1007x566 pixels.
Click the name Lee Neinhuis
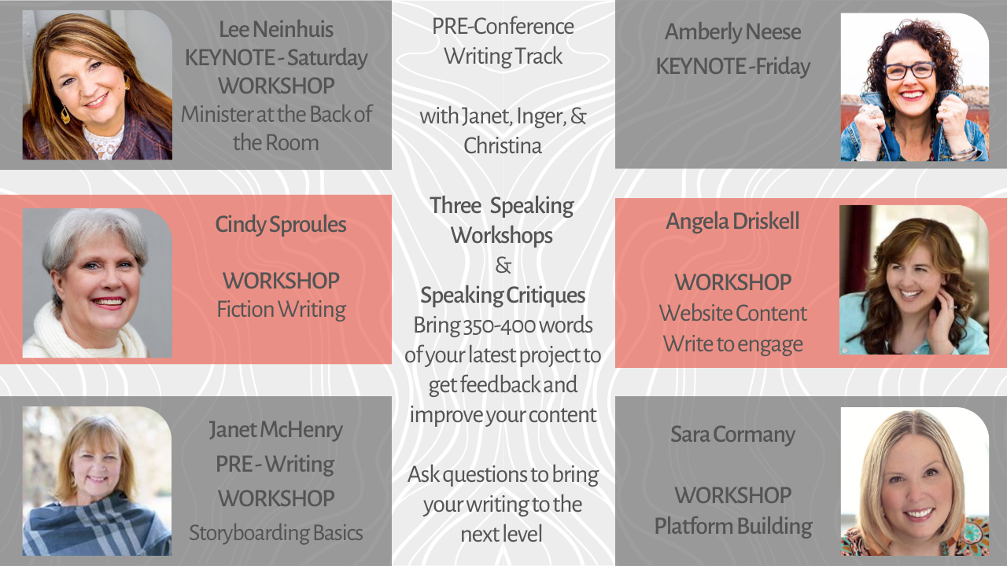pyautogui.click(x=276, y=30)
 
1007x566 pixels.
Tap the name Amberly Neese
pyautogui.click(x=732, y=32)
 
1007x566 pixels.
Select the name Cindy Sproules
pyautogui.click(x=281, y=225)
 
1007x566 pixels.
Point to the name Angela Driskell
pyautogui.click(x=732, y=221)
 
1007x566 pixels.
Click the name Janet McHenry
pyautogui.click(x=275, y=430)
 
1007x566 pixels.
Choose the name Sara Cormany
pyautogui.click(x=732, y=435)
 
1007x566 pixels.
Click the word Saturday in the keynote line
pyautogui.click(x=327, y=58)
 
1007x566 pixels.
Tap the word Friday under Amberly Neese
pyautogui.click(x=783, y=67)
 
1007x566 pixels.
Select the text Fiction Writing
pyautogui.click(x=282, y=310)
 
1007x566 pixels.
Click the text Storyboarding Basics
pyautogui.click(x=275, y=533)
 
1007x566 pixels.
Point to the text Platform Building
pyautogui.click(x=733, y=527)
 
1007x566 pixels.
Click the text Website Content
pyautogui.click(x=733, y=313)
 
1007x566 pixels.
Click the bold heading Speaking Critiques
pyautogui.click(x=503, y=296)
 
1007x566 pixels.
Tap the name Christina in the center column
pyautogui.click(x=503, y=146)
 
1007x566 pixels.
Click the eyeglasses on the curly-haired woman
pyautogui.click(x=909, y=71)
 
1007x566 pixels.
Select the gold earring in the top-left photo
pyautogui.click(x=65, y=115)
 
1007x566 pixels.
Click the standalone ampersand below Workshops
pyautogui.click(x=503, y=266)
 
